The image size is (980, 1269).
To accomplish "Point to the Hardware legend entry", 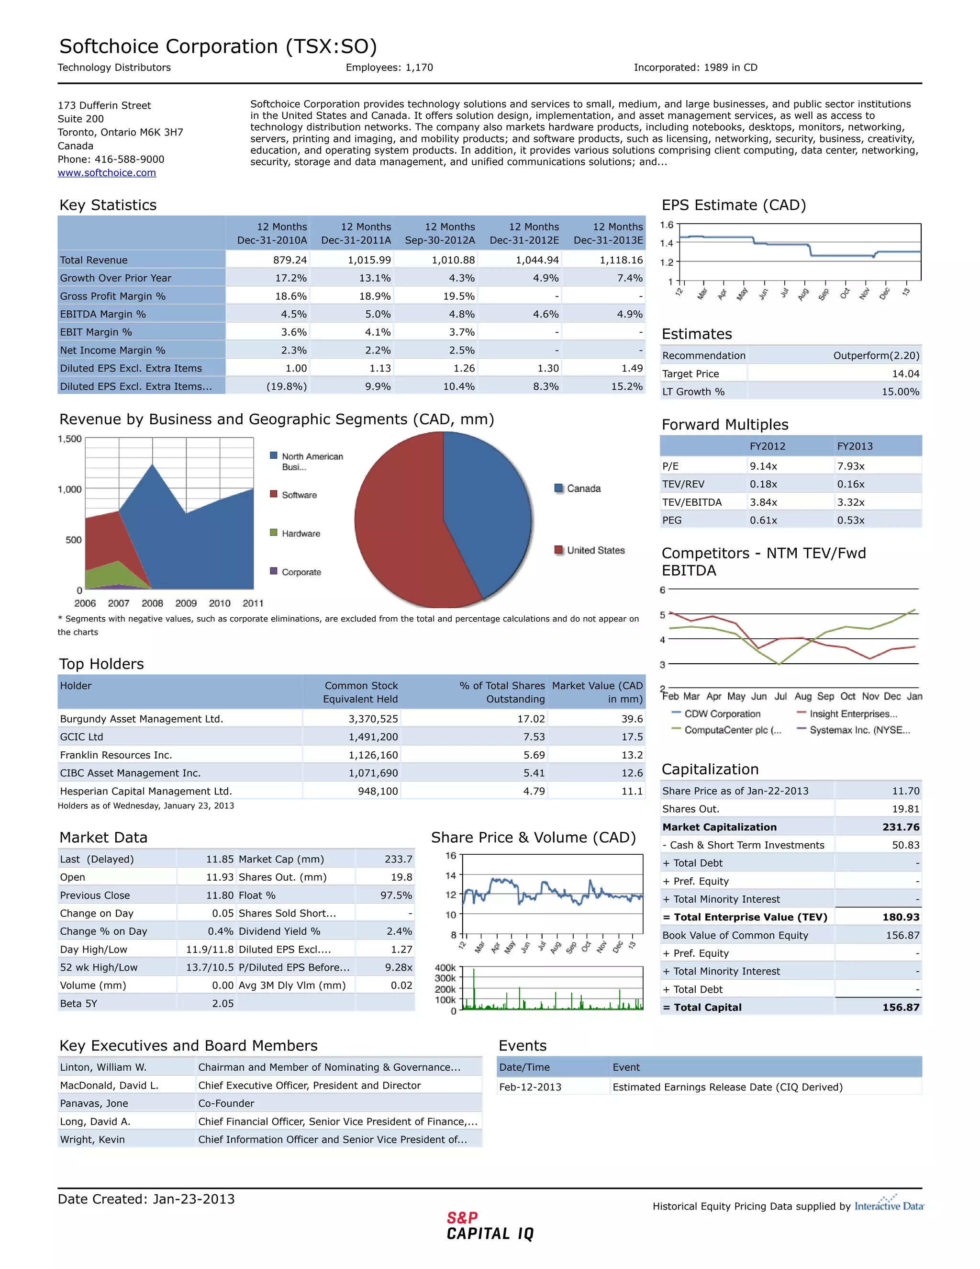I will (300, 533).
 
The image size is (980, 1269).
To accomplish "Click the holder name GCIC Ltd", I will (81, 737).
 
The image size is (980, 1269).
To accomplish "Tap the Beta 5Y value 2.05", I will (223, 1003).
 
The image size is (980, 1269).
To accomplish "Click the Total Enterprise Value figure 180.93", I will (901, 917).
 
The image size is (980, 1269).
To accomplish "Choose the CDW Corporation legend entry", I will (722, 714).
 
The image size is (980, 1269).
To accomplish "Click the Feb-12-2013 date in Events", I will (530, 1087).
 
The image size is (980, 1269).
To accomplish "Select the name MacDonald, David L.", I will (109, 1086).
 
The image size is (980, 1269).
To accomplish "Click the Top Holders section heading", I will (101, 664).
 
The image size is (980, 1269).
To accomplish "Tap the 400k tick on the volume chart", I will (445, 967).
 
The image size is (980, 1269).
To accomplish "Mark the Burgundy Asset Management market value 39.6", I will (632, 719).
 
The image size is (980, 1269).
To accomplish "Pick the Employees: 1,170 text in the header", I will (389, 68).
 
